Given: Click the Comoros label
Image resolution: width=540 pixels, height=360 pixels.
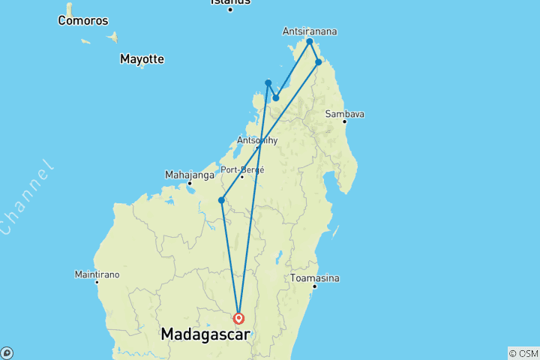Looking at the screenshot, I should pos(83,21).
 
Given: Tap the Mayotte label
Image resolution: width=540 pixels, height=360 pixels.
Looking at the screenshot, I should pos(142,58).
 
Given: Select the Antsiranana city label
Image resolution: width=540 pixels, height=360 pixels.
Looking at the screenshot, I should pos(310,31).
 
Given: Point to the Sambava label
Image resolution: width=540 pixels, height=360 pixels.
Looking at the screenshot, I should pos(345,114).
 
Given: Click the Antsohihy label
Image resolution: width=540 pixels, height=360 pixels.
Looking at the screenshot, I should pos(257,140).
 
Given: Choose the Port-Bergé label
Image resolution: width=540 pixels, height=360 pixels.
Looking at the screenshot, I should pos(242,169).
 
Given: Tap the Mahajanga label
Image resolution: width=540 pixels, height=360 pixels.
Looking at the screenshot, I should pos(188,175).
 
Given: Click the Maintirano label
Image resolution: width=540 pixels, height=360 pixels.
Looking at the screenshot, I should pos(97,274).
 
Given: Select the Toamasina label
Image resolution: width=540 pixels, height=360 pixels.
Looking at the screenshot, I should pos(315,278).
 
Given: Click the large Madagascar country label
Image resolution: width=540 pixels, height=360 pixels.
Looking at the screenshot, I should pos(205,334).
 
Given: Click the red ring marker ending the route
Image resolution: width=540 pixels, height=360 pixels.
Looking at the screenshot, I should pos(238,318).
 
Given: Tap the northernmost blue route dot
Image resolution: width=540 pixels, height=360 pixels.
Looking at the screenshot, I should pos(310,42).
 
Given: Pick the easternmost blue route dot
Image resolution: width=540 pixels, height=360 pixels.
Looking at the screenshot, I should pos(319,62).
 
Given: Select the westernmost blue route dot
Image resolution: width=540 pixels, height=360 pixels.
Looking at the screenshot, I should pos(221,200).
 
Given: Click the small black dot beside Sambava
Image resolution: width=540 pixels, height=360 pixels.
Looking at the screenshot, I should pos(345,121).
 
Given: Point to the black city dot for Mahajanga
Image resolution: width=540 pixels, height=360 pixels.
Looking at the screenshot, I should pos(190,183).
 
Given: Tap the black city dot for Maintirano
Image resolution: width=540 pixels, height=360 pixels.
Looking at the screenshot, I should pos(97,282).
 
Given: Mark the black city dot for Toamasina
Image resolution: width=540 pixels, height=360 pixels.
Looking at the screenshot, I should pos(314,286).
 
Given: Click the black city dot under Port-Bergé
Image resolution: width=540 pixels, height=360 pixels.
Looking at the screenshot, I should pos(241,177).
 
